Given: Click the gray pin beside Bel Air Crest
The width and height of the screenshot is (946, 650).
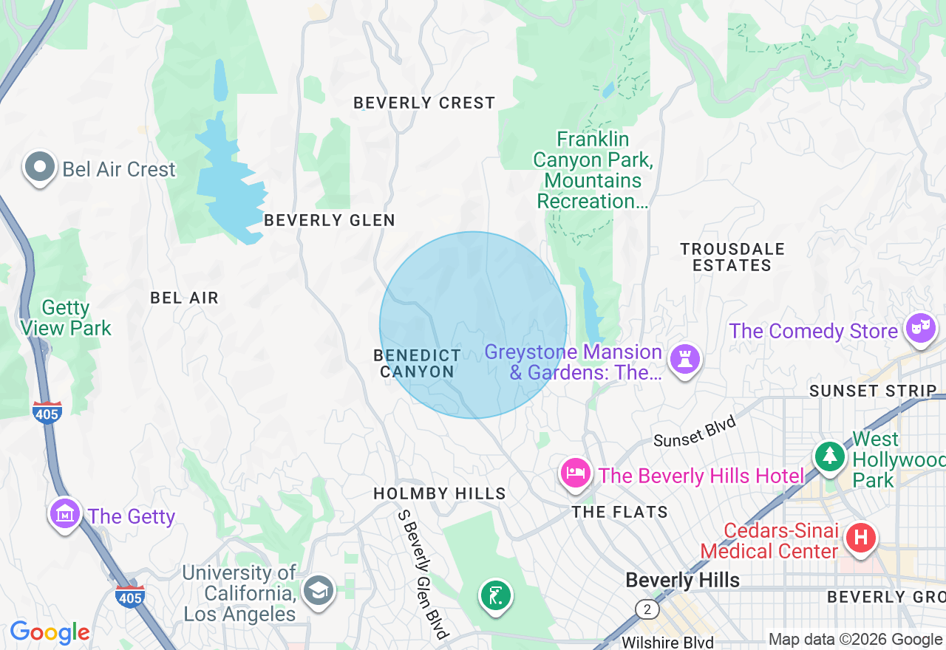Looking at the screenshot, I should (39, 168).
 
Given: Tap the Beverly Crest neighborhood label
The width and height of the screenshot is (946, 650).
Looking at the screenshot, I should (424, 103).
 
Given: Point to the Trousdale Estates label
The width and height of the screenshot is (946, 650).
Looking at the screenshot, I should (732, 257).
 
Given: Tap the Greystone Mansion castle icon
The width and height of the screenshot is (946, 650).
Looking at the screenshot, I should (684, 360).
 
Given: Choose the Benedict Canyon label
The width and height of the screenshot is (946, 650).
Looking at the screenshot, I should (418, 363).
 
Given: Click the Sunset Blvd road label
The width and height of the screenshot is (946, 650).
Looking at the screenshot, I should (695, 431).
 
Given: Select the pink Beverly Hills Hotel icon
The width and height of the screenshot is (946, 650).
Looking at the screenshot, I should (576, 473).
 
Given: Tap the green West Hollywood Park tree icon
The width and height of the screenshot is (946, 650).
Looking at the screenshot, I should (830, 456).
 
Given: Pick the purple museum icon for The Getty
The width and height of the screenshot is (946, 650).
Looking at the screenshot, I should (64, 514).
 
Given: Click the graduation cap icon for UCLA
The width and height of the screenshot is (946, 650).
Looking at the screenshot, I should (319, 589).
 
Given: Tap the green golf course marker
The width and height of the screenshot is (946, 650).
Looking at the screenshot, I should (496, 595).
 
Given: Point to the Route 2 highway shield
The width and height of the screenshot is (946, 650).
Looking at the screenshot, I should (647, 609).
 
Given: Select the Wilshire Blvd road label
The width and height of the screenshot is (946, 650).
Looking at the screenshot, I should (667, 642).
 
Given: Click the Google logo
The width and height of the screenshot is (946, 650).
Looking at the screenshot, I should (50, 632).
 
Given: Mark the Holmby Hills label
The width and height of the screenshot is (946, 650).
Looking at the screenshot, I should (440, 493).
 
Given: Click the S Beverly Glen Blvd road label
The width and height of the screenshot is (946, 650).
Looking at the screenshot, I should (423, 574).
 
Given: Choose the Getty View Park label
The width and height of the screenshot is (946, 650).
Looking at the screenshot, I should (66, 318).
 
